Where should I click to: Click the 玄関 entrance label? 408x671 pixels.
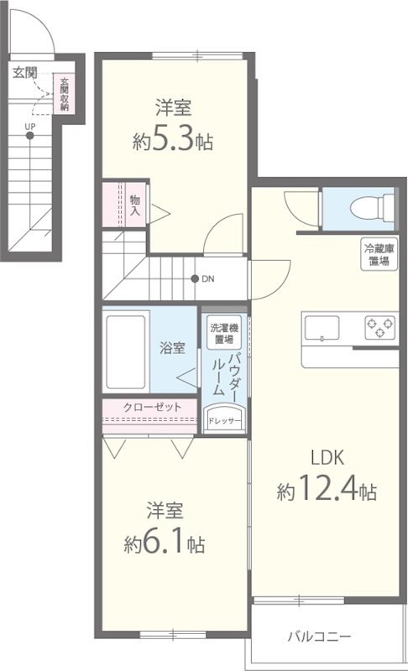click(25, 73)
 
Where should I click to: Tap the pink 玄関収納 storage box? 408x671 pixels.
click(63, 94)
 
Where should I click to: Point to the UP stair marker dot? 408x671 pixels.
click(30, 136)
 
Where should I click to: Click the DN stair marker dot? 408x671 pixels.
click(195, 279)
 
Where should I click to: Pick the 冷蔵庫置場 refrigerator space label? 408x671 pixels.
click(376, 254)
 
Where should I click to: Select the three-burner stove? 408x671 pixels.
click(379, 328)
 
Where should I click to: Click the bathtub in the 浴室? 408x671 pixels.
click(127, 350)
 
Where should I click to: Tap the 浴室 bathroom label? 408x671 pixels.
click(173, 349)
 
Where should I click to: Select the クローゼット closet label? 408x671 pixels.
click(152, 407)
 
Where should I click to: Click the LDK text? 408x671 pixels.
click(328, 458)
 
